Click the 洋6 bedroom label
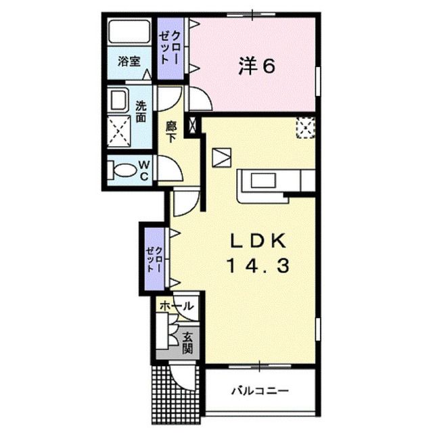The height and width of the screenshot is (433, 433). click(256, 66)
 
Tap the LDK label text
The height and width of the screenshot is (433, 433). click(258, 242)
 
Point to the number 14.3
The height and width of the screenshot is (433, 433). click(258, 266)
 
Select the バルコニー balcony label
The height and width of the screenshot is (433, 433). click(260, 390)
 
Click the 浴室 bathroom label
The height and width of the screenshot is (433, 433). click(129, 61)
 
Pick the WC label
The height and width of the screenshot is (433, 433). click(144, 171)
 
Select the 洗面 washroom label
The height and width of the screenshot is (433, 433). click(141, 112)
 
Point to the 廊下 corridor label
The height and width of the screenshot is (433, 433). click(171, 132)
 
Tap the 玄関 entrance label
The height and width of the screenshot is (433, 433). click(187, 343)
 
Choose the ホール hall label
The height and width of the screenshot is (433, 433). click(176, 306)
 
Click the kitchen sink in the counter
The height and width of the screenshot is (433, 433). click(263, 180)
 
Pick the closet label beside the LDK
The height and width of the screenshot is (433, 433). click(155, 258)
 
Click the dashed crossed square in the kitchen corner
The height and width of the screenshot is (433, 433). click(306, 127)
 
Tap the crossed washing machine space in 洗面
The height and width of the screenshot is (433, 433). click(119, 131)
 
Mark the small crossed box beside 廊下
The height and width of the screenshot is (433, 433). click(192, 124)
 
